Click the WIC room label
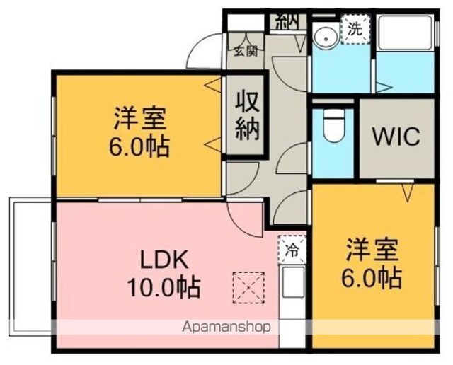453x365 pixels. coord(396,137)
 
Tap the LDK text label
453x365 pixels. coord(164,260)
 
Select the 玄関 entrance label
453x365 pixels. coord(246,52)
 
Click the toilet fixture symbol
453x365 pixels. coord(334,125)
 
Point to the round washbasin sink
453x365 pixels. coord(326,39)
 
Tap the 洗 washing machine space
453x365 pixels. coord(355,29)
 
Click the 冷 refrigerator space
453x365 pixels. coord(292,250)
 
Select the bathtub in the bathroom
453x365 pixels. coord(406,33)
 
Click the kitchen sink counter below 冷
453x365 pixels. coord(293,282)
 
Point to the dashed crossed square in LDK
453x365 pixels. coord(248,288)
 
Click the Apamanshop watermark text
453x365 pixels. coord(226,328)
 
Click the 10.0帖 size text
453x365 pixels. coord(164,287)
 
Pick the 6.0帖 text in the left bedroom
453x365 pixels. coord(139,146)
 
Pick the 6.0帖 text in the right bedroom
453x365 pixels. coord(372,278)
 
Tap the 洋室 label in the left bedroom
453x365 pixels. coord(140,118)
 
